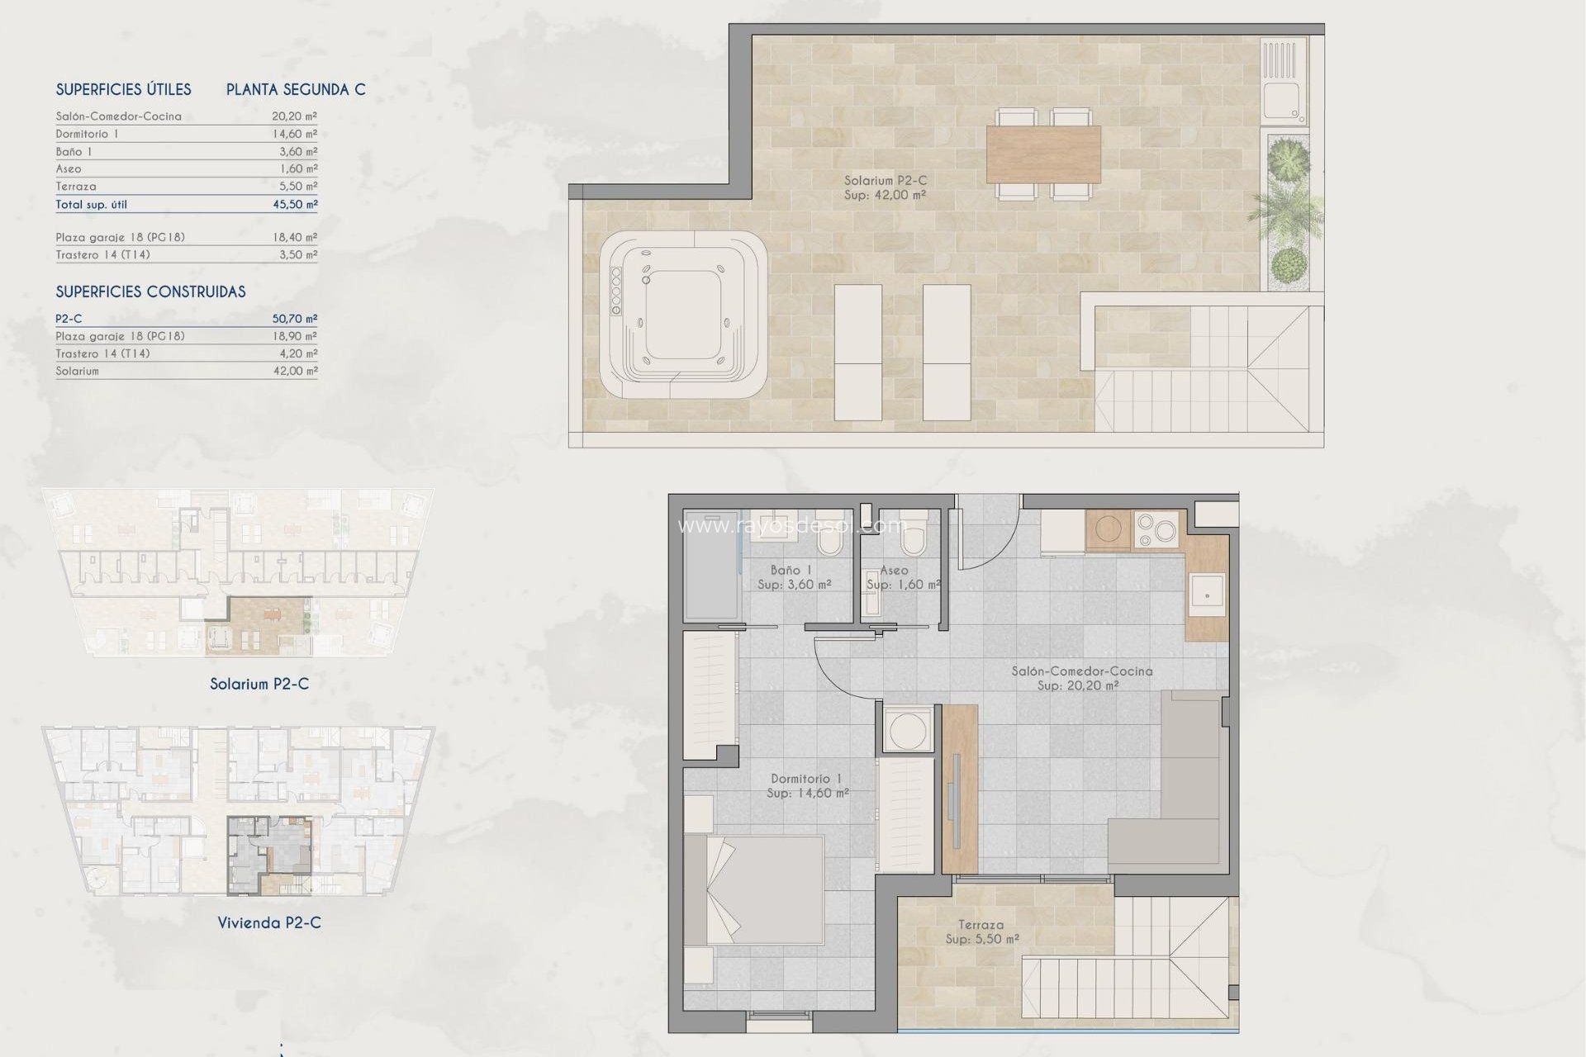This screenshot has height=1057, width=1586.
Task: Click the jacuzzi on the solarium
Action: click(x=683, y=314)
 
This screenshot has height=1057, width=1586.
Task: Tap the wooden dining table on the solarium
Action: click(x=1043, y=154)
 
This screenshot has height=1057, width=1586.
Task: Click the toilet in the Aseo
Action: click(x=914, y=541)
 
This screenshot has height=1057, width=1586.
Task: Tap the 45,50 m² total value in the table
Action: click(x=295, y=204)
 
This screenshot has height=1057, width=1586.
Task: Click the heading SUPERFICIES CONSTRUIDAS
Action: click(x=150, y=292)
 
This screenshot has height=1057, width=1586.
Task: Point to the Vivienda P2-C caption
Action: click(x=269, y=922)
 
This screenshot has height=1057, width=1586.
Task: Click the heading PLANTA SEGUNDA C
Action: click(x=296, y=89)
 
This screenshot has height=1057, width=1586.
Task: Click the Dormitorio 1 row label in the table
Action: click(x=88, y=134)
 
